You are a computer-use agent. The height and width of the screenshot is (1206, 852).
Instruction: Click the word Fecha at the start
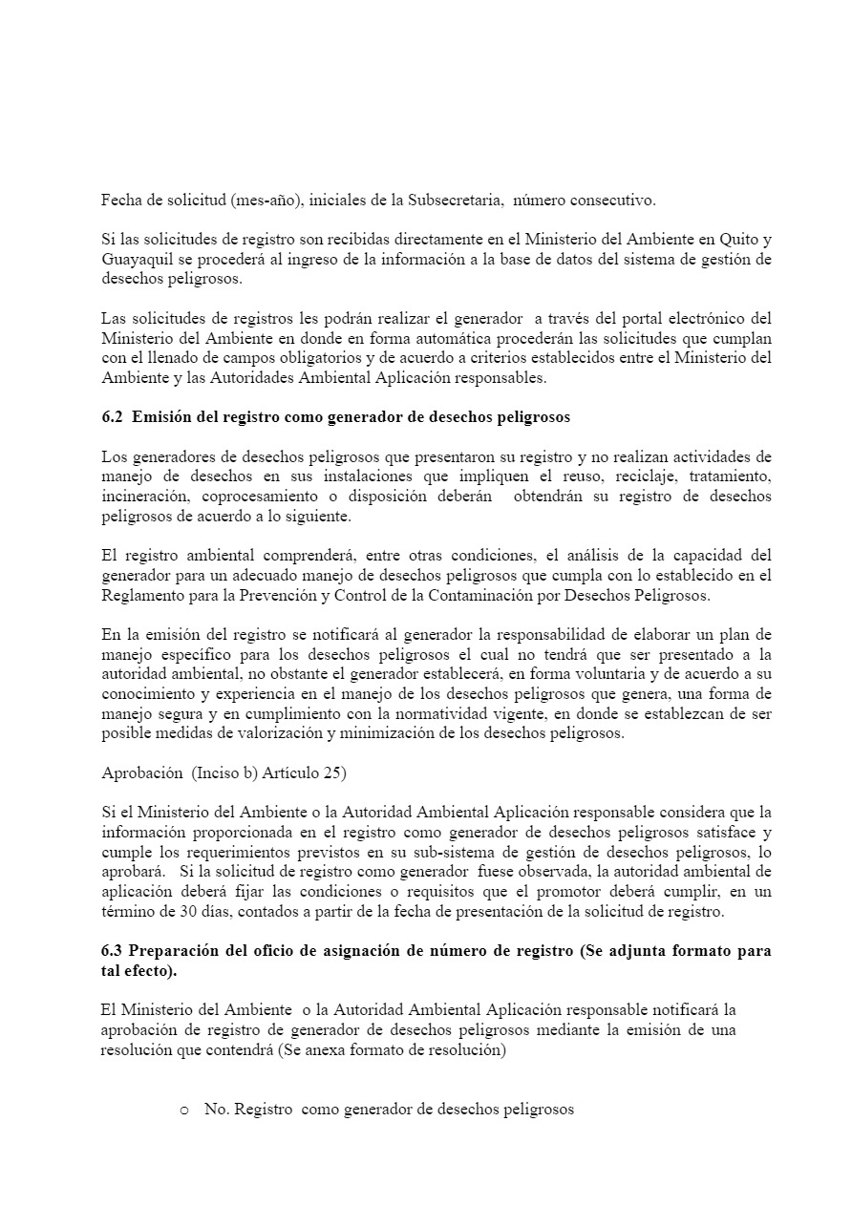tap(121, 201)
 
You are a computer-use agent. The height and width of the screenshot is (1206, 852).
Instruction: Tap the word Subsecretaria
tap(453, 201)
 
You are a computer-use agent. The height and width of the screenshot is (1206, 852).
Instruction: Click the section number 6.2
tap(113, 417)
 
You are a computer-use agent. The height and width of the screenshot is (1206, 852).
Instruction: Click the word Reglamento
tap(142, 595)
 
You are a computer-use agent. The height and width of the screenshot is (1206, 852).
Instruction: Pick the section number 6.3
tap(113, 951)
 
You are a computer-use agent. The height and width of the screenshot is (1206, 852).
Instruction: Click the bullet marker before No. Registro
tap(183, 1111)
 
